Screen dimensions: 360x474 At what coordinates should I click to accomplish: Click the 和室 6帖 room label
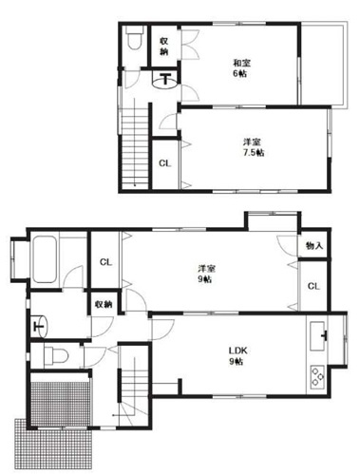(241, 68)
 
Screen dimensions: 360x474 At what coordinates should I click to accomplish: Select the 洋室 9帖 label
(207, 274)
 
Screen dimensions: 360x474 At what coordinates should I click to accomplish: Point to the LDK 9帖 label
(237, 356)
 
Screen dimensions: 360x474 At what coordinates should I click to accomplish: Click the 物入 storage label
(314, 245)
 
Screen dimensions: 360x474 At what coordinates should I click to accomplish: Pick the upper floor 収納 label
(163, 47)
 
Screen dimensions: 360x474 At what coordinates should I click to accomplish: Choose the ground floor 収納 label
(104, 304)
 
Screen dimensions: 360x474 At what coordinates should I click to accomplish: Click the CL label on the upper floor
(164, 163)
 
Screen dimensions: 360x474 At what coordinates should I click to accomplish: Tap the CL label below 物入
(313, 286)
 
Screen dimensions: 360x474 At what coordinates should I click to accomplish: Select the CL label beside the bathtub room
(105, 262)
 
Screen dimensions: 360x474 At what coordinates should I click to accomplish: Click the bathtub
(45, 259)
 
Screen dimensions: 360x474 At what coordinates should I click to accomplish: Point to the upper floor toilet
(135, 37)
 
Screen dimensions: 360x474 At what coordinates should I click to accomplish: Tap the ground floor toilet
(56, 356)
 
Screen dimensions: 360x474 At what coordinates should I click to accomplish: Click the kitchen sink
(318, 336)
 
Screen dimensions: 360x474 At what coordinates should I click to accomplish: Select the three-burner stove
(317, 376)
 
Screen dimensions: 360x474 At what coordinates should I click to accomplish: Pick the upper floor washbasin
(164, 80)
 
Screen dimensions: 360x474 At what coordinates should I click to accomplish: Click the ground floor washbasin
(40, 326)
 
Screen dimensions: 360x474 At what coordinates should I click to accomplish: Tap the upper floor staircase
(135, 145)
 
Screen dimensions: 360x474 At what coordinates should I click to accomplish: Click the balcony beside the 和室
(322, 65)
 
